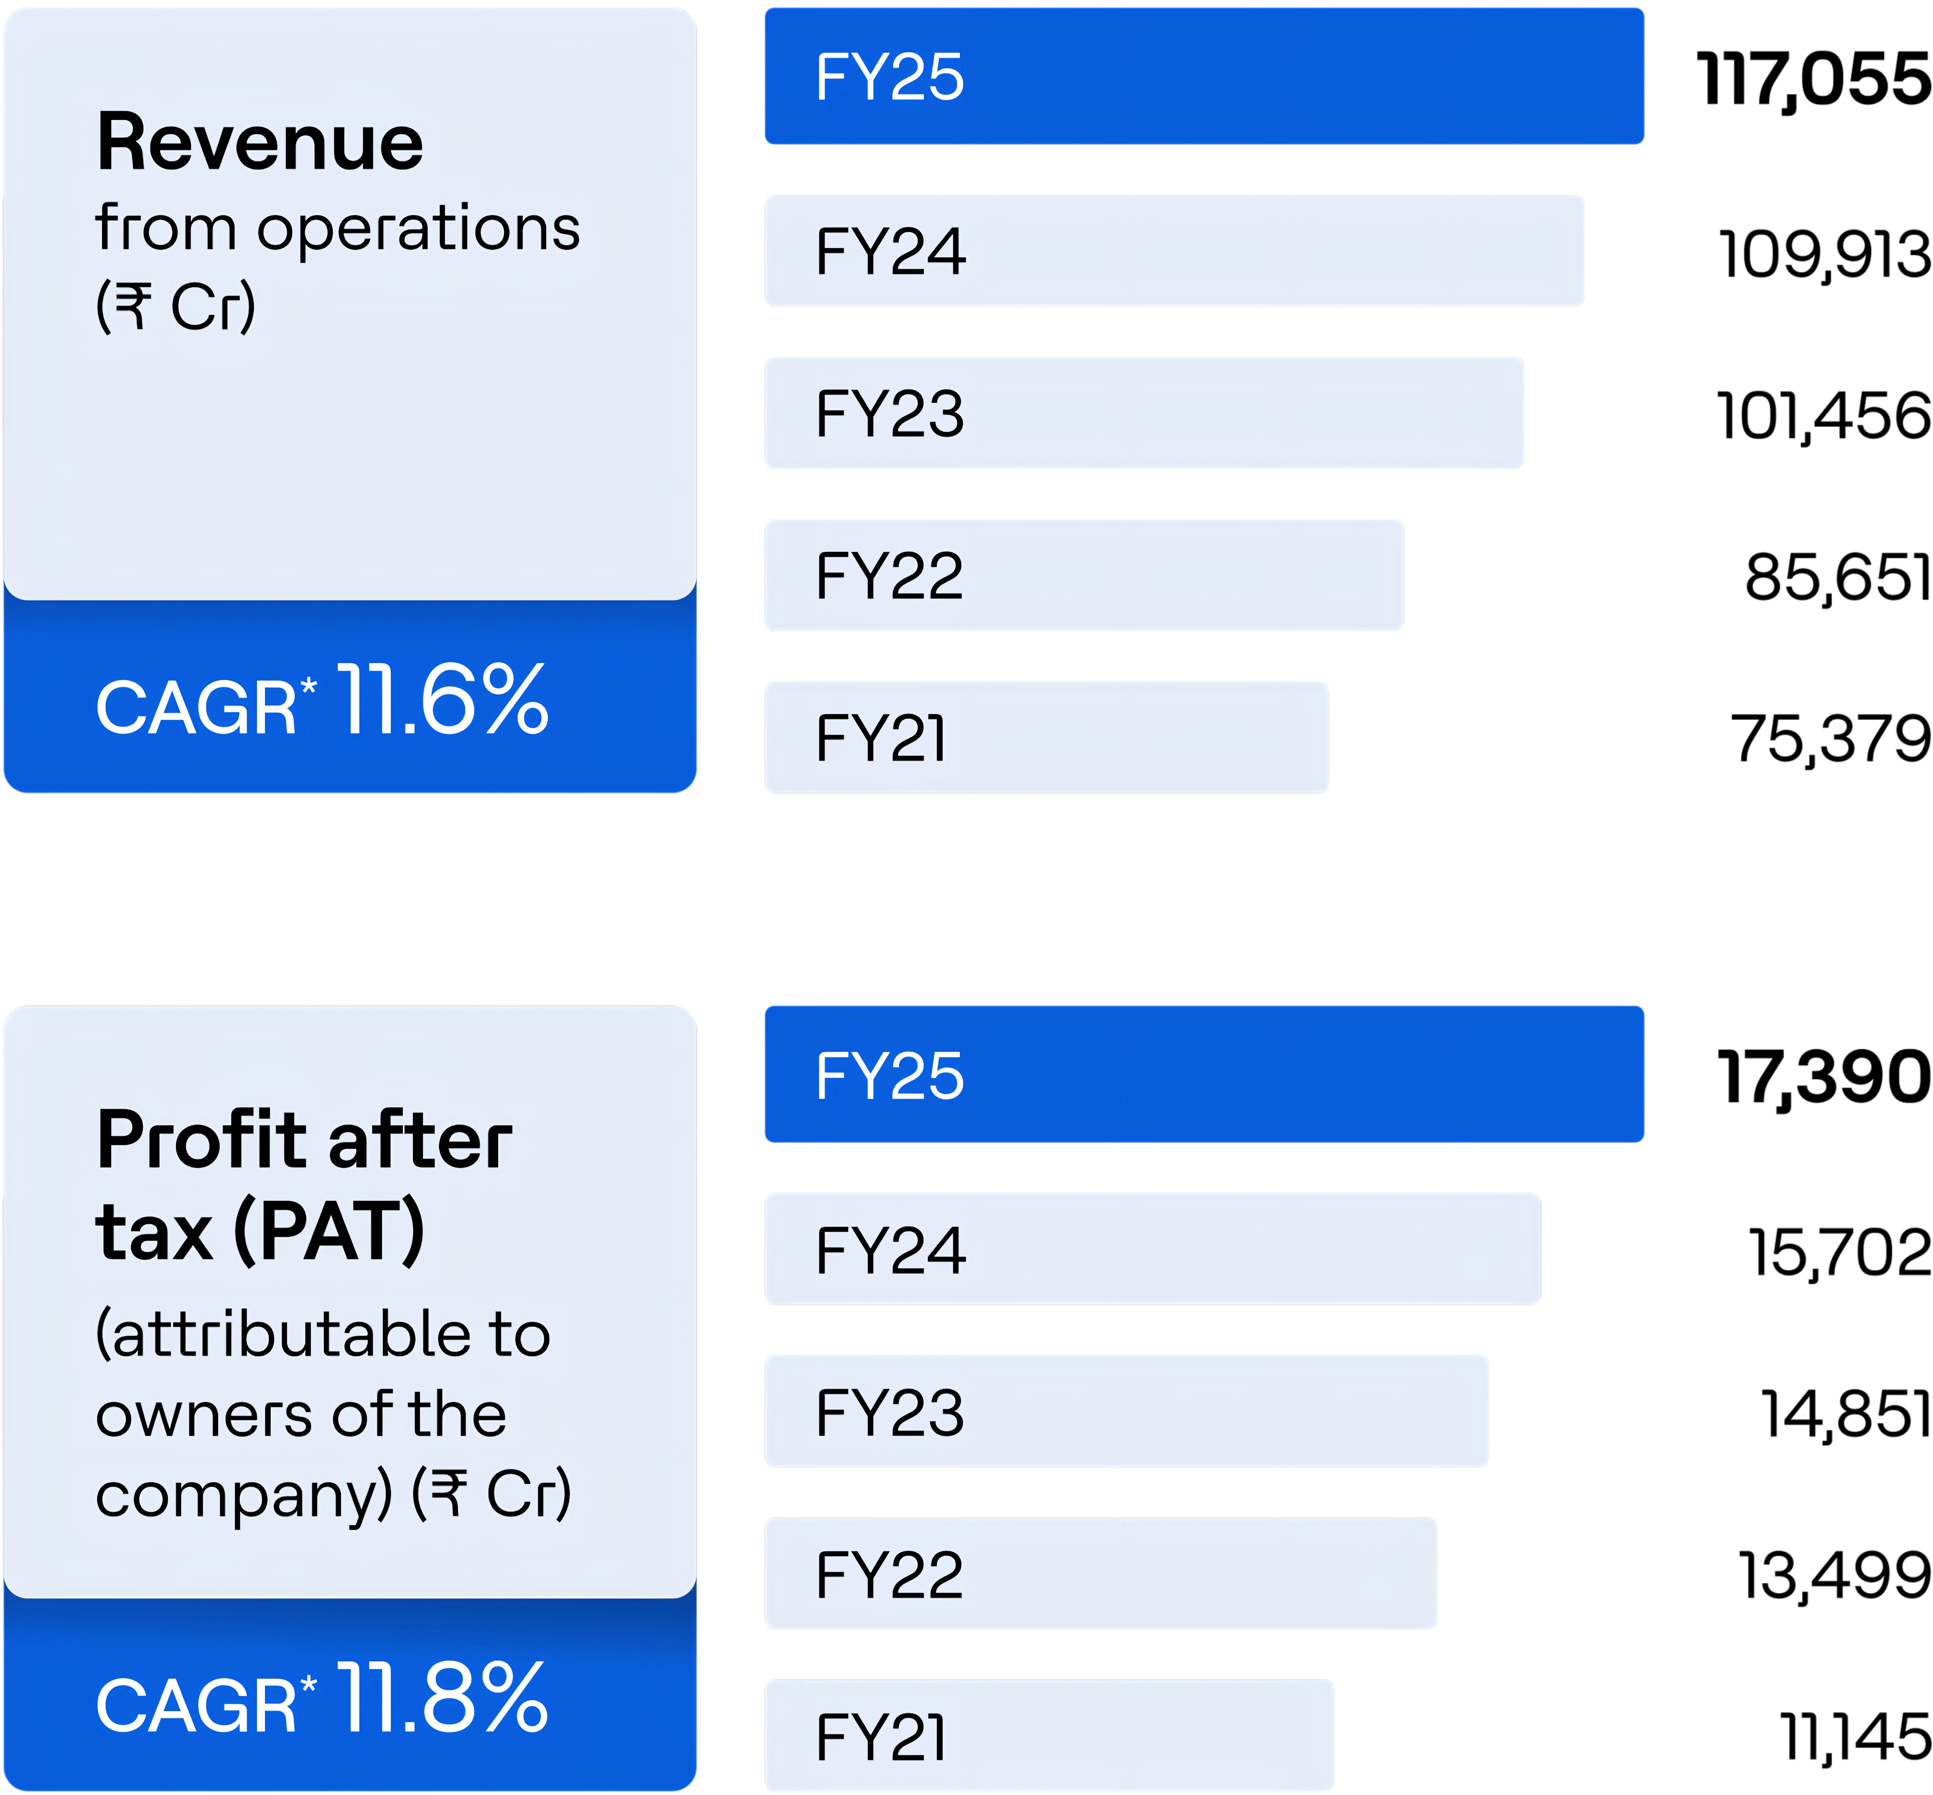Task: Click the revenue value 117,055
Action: coord(1812,80)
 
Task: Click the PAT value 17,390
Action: coord(1823,1078)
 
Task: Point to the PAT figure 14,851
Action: coord(1844,1414)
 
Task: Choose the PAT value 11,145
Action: coord(1854,1738)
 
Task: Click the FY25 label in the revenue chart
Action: coord(889,78)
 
